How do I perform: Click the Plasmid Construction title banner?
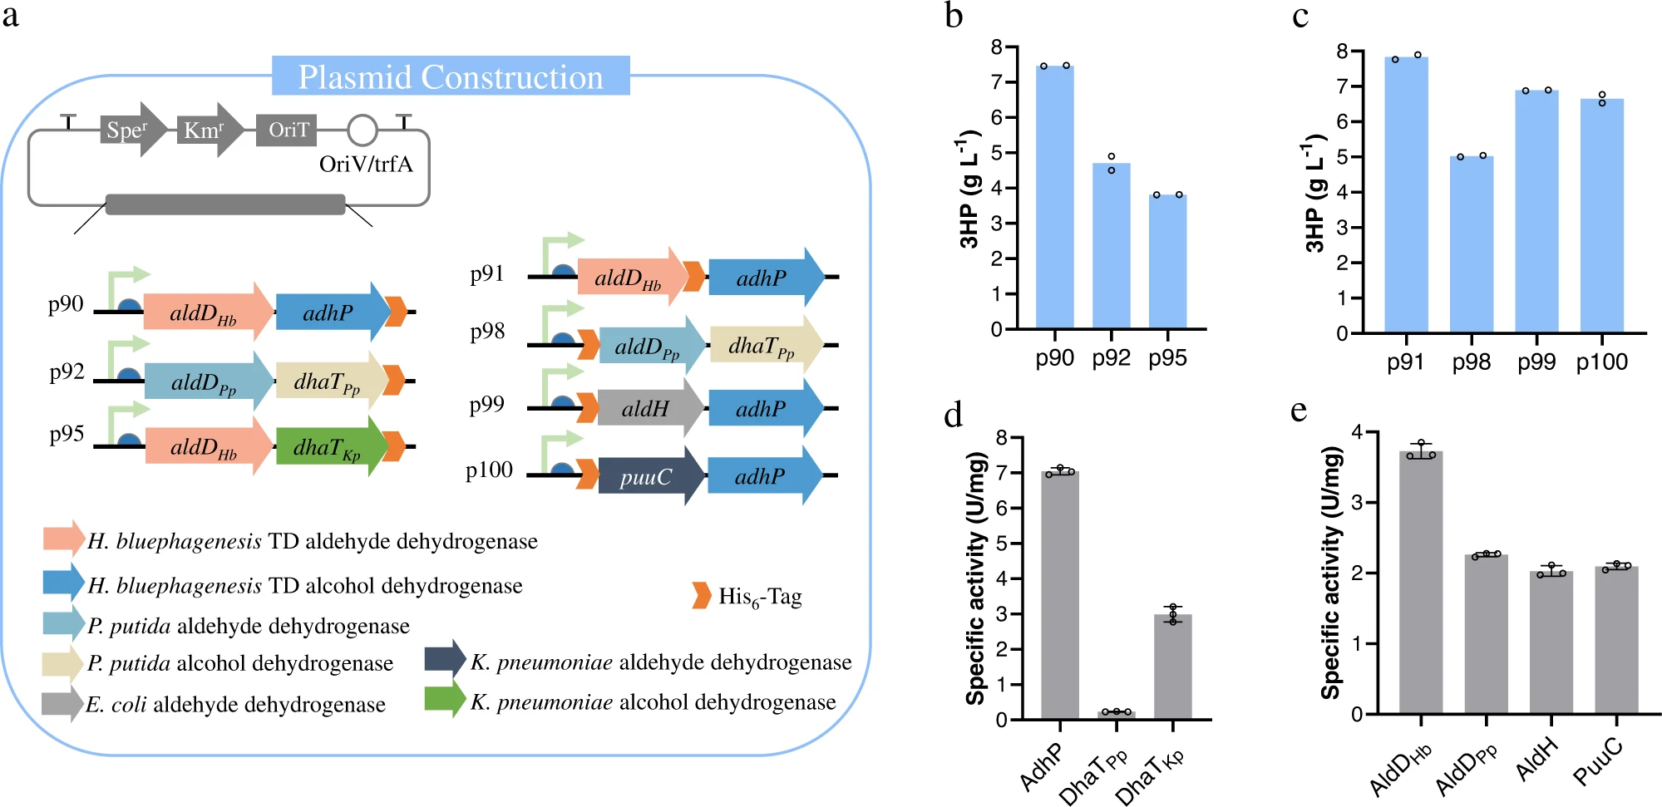click(451, 76)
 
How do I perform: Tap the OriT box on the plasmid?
click(288, 130)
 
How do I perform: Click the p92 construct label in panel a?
click(67, 372)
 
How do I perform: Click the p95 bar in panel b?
click(1167, 262)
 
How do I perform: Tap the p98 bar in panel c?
click(1471, 244)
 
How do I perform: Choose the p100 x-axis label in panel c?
click(1601, 362)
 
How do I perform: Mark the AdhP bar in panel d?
click(1060, 595)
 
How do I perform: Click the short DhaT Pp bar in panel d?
click(1116, 715)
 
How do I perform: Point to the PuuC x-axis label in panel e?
click(1598, 761)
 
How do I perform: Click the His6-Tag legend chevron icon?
click(702, 595)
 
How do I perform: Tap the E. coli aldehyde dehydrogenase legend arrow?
click(62, 703)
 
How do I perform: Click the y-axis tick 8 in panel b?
click(996, 47)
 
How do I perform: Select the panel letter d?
click(953, 413)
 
